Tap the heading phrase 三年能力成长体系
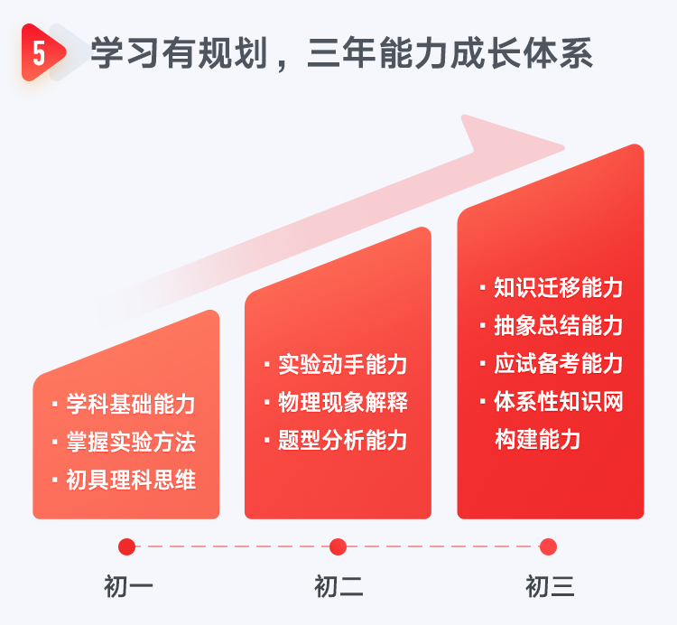click(450, 53)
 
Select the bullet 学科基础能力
click(130, 404)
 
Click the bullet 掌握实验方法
click(130, 442)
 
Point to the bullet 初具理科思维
click(130, 480)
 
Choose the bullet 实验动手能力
click(342, 364)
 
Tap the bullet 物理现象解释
click(342, 402)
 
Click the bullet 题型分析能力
click(342, 440)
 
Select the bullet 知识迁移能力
click(557, 288)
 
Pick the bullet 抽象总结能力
click(557, 325)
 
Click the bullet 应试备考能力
click(557, 363)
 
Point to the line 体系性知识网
click(557, 401)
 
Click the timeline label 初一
click(128, 587)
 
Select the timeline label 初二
click(338, 587)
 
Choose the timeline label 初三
click(550, 587)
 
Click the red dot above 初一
click(127, 546)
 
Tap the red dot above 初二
click(338, 546)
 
